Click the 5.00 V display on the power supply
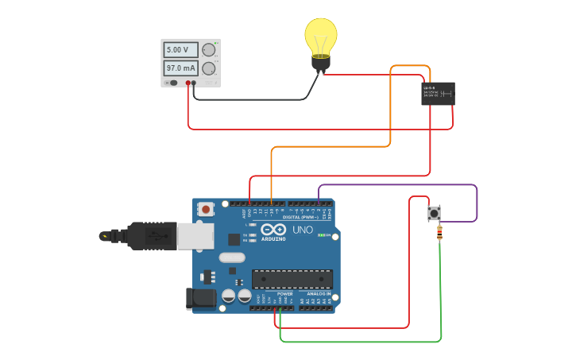[x=180, y=50]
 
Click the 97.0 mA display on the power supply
[x=180, y=68]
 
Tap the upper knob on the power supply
[x=209, y=50]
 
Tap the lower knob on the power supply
[x=209, y=69]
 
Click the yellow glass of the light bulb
[x=321, y=36]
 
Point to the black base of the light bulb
[x=321, y=64]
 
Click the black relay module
[x=438, y=93]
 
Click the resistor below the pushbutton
[x=440, y=233]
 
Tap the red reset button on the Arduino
[x=207, y=210]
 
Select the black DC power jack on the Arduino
[x=199, y=299]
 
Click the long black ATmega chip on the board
[x=292, y=279]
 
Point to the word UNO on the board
[x=303, y=230]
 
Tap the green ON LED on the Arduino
[x=319, y=235]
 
